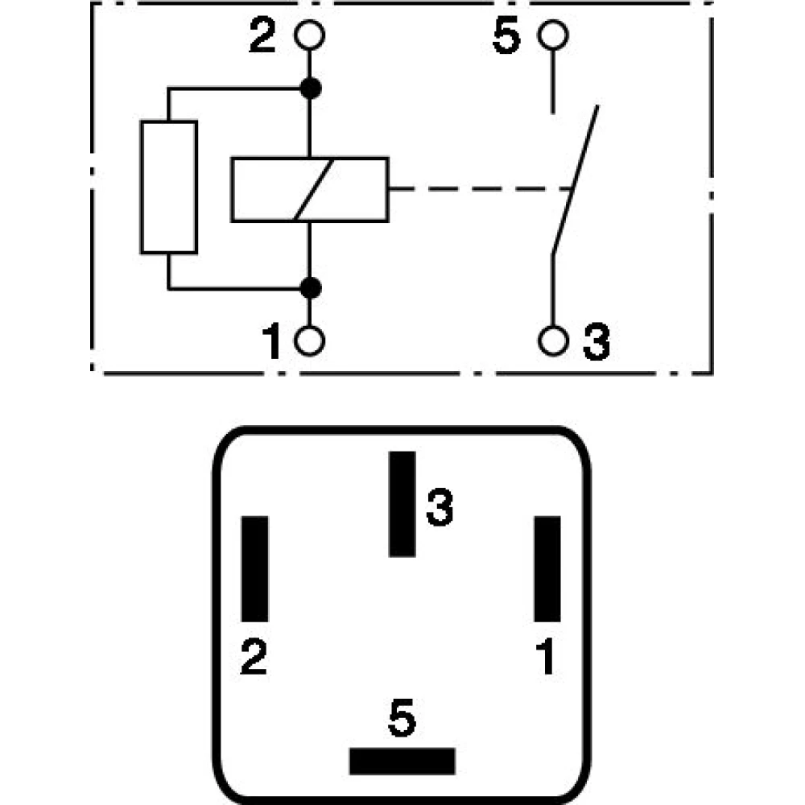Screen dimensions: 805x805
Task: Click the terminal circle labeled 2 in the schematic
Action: (309, 36)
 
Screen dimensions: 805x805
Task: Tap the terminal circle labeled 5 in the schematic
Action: (553, 36)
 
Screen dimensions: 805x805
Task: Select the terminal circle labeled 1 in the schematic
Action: (309, 341)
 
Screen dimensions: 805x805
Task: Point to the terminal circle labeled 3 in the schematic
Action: (553, 341)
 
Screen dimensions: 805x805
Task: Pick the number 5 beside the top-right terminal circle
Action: (507, 38)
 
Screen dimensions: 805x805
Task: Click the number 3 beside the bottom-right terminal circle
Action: (596, 344)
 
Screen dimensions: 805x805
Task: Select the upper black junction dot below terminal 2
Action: (309, 88)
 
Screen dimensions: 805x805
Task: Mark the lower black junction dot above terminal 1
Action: (309, 287)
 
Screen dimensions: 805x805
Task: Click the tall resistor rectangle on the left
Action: (169, 188)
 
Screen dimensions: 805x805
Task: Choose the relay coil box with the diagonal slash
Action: (309, 189)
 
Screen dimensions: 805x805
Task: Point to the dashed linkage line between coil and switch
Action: (480, 190)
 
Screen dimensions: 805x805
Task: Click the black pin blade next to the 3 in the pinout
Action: (402, 504)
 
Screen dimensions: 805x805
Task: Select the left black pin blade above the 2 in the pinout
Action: (254, 568)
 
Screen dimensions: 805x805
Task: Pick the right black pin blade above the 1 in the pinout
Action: (547, 568)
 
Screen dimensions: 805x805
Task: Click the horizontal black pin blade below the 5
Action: (402, 761)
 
